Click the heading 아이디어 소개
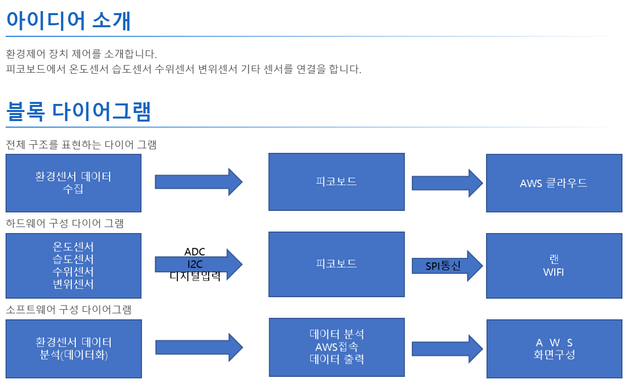[x=69, y=21]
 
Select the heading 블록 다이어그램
[x=78, y=111]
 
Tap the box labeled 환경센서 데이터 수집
[x=73, y=183]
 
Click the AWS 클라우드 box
[x=554, y=183]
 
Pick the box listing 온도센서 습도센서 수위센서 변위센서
[x=73, y=266]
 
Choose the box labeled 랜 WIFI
[x=554, y=266]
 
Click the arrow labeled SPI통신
[x=447, y=266]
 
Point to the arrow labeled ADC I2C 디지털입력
[x=199, y=264]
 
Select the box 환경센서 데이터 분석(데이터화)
[x=74, y=349]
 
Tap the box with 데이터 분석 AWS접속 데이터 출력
[x=337, y=348]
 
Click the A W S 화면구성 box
[x=554, y=349]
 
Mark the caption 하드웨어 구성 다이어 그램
[x=65, y=223]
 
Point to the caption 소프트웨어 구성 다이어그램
[x=69, y=309]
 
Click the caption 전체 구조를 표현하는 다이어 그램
[x=81, y=144]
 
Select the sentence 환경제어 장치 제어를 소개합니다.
[x=81, y=53]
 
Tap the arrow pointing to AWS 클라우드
[x=447, y=183]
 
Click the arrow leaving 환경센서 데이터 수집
[x=199, y=182]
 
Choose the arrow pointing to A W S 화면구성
[x=447, y=349]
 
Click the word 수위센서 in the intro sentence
[x=174, y=69]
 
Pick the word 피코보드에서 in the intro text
[x=36, y=69]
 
